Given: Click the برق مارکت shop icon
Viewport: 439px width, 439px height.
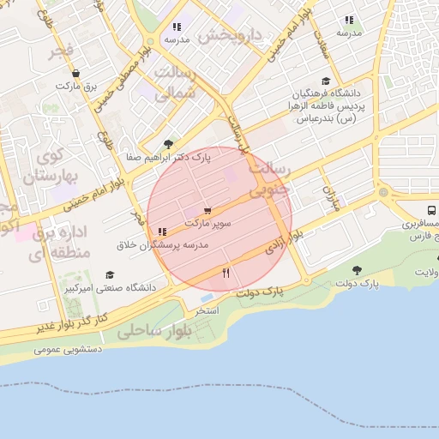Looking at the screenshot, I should coord(76,74).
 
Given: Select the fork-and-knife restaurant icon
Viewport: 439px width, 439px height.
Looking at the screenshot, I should coord(226,273).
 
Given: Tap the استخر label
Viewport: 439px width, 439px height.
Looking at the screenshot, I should coord(207,310).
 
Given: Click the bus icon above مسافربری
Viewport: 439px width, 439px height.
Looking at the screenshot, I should coord(430,210).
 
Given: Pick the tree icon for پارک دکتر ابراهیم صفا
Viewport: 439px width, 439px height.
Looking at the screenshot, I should coord(167,144).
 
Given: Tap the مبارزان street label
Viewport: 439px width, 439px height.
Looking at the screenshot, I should coord(330,199).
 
